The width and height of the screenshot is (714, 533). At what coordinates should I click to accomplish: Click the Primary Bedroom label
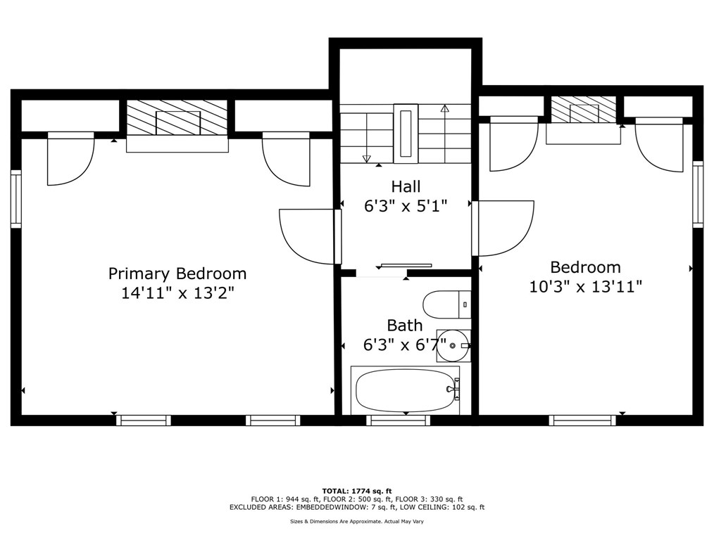(177, 274)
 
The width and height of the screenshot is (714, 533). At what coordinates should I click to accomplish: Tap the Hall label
(406, 186)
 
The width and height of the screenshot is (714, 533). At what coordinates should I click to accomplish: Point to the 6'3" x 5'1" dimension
(406, 206)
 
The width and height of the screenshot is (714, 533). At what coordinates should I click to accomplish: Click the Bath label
(405, 326)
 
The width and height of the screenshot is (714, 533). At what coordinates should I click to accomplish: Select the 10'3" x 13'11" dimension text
(586, 287)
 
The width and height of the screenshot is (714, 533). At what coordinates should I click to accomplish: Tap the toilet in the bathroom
(446, 304)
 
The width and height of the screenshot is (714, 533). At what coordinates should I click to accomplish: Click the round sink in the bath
(453, 346)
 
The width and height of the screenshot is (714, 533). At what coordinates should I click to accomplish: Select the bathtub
(406, 390)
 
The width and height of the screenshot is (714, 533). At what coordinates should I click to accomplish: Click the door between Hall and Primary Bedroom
(311, 236)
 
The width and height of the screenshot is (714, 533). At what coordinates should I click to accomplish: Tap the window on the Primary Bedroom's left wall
(16, 199)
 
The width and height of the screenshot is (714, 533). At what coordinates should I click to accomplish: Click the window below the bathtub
(399, 420)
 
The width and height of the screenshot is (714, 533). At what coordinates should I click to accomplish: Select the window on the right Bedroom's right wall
(698, 194)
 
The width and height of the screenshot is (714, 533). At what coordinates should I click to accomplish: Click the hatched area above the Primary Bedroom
(177, 117)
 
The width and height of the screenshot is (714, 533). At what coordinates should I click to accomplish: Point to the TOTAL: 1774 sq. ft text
(357, 491)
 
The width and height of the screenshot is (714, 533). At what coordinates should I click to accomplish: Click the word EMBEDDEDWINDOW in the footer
(325, 507)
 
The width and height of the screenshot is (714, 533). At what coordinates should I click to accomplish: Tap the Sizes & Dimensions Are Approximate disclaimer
(357, 522)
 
